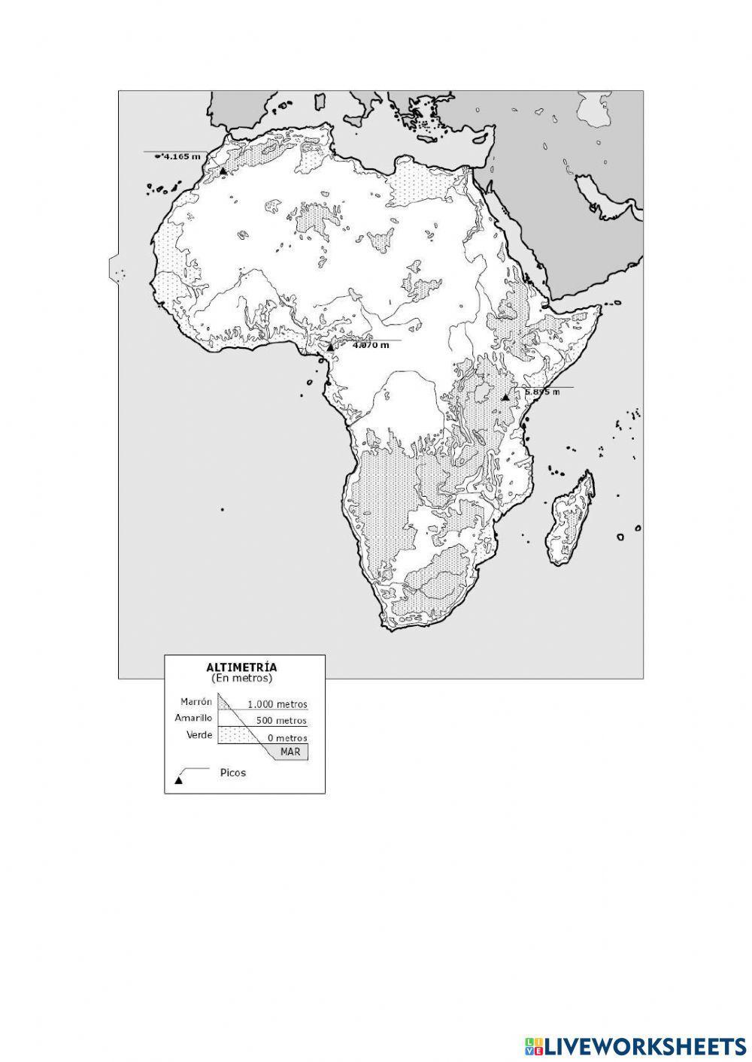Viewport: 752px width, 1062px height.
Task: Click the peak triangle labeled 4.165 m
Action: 223,171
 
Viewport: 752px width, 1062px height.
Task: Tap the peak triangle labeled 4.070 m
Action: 329,347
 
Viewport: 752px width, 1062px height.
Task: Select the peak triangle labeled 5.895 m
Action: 505,396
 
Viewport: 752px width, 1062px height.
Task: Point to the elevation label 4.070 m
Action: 371,345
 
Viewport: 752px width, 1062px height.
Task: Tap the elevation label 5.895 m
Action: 542,392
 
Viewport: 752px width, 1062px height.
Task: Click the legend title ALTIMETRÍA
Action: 241,667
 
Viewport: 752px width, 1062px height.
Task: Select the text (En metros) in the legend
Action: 241,677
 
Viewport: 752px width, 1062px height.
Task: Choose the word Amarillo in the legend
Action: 193,718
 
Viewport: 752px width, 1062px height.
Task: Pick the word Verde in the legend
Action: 199,734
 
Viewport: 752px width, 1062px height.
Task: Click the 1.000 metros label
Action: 277,705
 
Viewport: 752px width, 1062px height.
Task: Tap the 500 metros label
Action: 281,721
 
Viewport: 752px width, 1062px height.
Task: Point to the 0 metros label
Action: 287,738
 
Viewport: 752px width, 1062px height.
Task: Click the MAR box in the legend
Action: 290,752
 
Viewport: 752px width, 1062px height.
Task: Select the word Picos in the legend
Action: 233,773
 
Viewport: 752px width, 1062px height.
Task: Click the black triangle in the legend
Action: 179,780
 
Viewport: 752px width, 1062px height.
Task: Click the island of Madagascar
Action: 573,519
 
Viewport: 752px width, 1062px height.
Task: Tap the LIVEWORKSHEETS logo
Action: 635,1045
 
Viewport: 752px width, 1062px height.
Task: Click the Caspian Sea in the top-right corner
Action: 600,110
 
